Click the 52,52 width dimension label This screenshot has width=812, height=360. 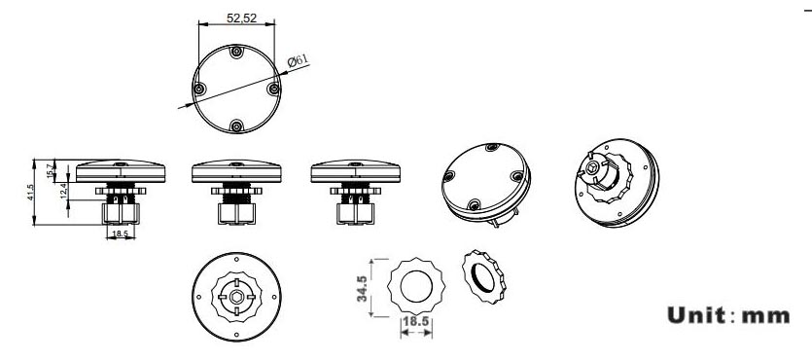click(242, 18)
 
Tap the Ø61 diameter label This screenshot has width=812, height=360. click(298, 60)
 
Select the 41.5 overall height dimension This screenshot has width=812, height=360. click(30, 193)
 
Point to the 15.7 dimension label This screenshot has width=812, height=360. click(51, 170)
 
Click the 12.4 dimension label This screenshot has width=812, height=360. click(64, 191)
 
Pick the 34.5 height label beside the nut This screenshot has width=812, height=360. click(362, 289)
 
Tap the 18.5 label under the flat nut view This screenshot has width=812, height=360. click(416, 322)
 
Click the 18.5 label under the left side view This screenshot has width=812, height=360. click(121, 234)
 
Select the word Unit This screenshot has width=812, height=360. click(696, 315)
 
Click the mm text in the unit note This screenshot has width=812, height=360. click(766, 316)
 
